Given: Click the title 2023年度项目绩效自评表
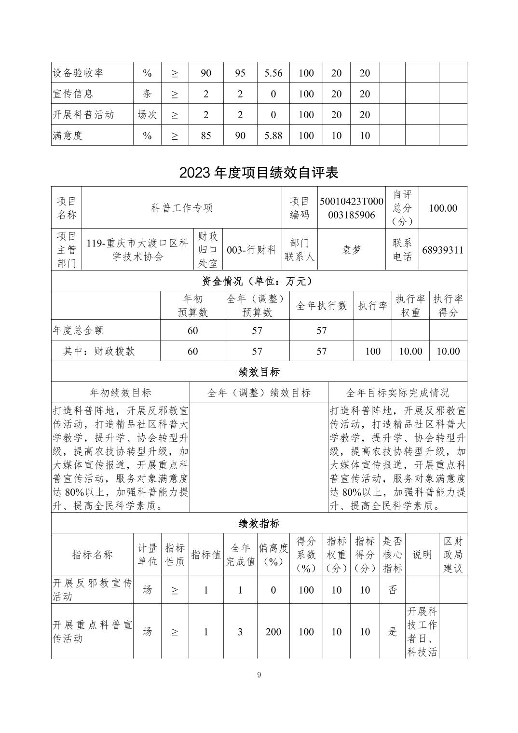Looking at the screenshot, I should pyautogui.click(x=259, y=173).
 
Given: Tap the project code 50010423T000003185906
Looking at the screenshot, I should pyautogui.click(x=351, y=208).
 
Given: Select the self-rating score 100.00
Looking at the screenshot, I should pyautogui.click(x=443, y=208).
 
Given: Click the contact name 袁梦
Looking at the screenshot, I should pyautogui.click(x=351, y=250).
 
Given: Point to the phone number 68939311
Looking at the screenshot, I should pyautogui.click(x=442, y=250).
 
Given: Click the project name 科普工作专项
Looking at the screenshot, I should pyautogui.click(x=182, y=208).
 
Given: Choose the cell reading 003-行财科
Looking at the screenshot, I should pyautogui.click(x=251, y=250).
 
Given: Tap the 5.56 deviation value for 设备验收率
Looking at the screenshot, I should pyautogui.click(x=273, y=73).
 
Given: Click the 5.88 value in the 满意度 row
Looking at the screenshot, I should pyautogui.click(x=273, y=136).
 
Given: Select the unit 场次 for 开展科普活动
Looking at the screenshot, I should pyautogui.click(x=147, y=115).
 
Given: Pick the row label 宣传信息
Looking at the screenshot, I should pyautogui.click(x=73, y=94).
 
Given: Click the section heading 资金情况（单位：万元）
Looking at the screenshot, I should pyautogui.click(x=259, y=281).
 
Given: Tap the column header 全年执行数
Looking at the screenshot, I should pyautogui.click(x=321, y=306).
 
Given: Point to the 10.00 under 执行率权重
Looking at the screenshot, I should pyautogui.click(x=410, y=352).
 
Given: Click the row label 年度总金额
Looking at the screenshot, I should pyautogui.click(x=78, y=330).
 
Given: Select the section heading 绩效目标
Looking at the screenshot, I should pyautogui.click(x=259, y=372).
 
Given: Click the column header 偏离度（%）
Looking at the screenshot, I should pyautogui.click(x=273, y=555).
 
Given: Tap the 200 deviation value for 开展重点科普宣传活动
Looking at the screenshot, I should pyautogui.click(x=273, y=632).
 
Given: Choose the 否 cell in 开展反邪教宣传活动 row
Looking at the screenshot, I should pyautogui.click(x=393, y=590).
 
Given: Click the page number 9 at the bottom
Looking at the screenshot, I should pyautogui.click(x=259, y=675).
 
